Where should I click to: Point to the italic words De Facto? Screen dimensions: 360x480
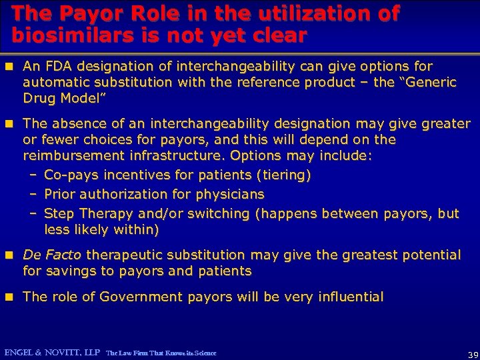coord(52,255)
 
